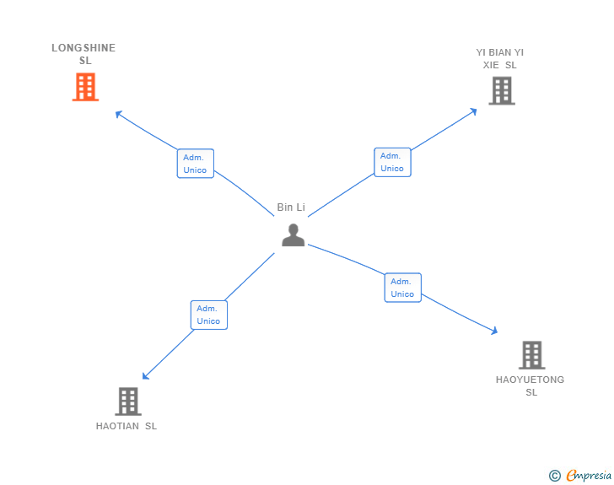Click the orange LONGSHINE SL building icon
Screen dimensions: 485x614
85,87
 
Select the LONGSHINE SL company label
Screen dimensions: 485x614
83,54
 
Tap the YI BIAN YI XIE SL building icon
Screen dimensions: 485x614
502,90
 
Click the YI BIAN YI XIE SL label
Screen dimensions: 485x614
500,58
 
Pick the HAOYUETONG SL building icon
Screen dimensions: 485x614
531,355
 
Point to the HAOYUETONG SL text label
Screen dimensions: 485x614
531,385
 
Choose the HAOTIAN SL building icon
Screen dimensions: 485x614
127,401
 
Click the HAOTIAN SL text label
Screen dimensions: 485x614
127,426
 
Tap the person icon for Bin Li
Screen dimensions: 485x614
293,235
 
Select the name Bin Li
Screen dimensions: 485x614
291,207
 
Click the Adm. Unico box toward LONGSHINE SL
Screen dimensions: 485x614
195,164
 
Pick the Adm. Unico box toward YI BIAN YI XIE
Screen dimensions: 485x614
392,162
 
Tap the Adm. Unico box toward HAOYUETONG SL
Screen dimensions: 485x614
402,288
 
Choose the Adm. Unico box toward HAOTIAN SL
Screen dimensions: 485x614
208,315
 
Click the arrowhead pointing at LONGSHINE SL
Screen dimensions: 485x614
118,113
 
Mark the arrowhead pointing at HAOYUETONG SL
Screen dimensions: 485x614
494,332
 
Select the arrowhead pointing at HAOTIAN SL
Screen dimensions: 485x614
145,376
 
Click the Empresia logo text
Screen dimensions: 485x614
589,476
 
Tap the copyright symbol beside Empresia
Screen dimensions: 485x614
555,476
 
